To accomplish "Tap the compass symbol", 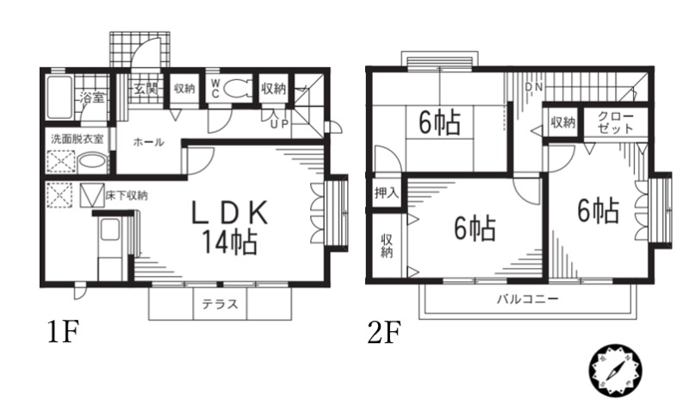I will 616,370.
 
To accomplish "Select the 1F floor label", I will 63,331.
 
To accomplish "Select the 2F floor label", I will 384,331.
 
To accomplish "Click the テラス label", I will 220,303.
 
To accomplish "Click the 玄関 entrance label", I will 144,88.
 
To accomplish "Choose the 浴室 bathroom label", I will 91,97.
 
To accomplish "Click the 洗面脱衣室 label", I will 76,138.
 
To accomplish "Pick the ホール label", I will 148,142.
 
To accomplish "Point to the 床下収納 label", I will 126,195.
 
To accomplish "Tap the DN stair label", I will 533,88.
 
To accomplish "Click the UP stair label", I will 279,123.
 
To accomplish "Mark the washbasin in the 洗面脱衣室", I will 91,162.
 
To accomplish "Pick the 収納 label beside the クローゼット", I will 563,122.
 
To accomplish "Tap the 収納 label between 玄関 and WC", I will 183,88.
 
